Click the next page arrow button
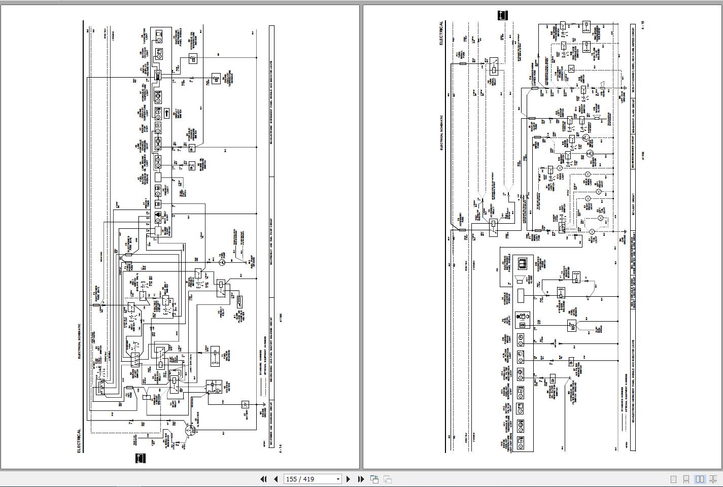coord(348,479)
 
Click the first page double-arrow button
coord(263,479)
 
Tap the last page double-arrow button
coord(361,479)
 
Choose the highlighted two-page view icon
coord(700,479)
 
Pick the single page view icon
coord(673,479)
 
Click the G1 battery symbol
coord(245,404)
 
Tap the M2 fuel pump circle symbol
coord(222,262)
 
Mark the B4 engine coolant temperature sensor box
coord(216,77)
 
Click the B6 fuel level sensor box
coord(571,326)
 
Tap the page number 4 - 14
coord(280,449)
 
